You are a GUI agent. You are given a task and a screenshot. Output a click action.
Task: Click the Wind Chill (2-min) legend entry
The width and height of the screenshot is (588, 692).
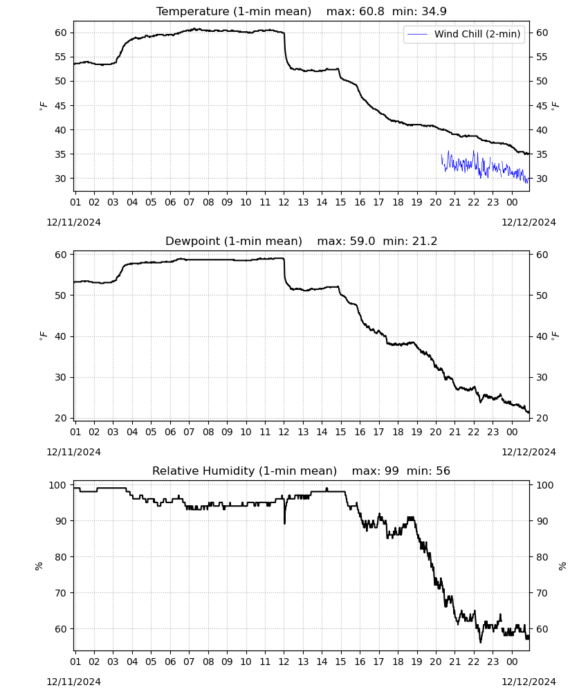coord(464,34)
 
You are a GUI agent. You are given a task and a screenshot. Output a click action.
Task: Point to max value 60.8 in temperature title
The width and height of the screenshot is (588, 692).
coord(372,11)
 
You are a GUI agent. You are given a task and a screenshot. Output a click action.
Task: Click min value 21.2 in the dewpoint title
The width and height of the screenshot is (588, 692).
coord(425,241)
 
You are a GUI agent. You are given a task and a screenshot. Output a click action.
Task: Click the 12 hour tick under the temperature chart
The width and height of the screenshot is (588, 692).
coord(284,202)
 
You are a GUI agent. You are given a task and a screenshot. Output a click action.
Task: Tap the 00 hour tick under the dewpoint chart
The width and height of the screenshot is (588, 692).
coord(512,432)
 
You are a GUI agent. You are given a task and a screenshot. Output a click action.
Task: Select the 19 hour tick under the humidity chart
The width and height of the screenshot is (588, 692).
coord(417,662)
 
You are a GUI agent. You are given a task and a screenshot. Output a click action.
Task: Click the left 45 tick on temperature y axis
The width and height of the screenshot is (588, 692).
coord(61,105)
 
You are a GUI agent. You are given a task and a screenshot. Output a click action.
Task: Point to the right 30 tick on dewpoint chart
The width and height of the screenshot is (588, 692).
coord(542,377)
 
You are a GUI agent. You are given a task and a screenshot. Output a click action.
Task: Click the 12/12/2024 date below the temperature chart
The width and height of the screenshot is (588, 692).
coord(529,222)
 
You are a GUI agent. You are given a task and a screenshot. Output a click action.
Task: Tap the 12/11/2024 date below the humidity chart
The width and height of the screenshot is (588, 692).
coord(73,682)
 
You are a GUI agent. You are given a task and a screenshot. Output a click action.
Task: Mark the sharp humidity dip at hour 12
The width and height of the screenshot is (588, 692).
coord(284,516)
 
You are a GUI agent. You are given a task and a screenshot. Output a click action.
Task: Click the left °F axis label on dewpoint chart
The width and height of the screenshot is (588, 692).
coord(43,336)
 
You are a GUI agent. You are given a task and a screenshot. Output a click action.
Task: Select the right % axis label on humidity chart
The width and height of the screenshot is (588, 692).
coord(562,566)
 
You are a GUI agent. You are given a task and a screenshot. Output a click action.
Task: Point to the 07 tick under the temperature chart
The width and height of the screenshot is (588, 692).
coord(189,202)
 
